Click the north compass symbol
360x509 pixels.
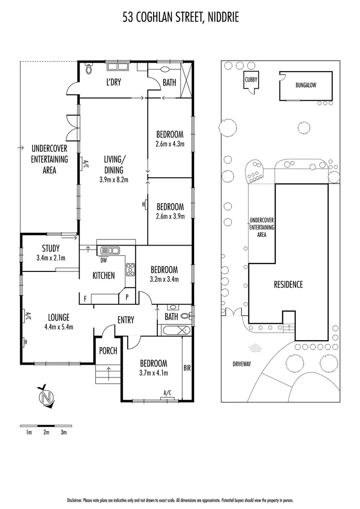(x=45, y=396)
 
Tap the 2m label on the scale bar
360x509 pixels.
(x=47, y=432)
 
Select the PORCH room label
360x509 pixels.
(x=108, y=351)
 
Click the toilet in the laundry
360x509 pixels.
(x=88, y=68)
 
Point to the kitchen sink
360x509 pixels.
(x=110, y=250)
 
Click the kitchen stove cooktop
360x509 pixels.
(x=131, y=269)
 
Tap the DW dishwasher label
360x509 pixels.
(x=103, y=260)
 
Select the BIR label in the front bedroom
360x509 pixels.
(x=187, y=368)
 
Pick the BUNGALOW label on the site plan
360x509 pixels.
(x=306, y=85)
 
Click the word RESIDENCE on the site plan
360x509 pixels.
(x=288, y=285)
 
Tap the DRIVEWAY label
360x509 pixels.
(x=242, y=364)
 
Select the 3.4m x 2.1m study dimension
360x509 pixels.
(x=51, y=258)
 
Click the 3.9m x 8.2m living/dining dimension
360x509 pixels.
(x=114, y=179)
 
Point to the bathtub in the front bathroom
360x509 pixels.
(x=174, y=330)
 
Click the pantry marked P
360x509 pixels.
(x=127, y=297)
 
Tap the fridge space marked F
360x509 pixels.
(x=85, y=299)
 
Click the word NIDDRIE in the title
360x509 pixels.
(x=223, y=17)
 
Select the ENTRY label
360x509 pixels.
(x=126, y=320)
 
